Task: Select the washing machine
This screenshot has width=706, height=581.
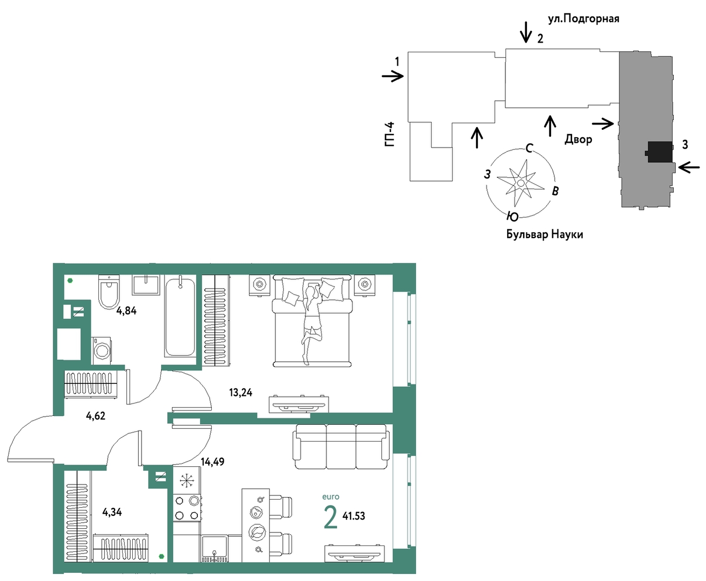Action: click(102, 351)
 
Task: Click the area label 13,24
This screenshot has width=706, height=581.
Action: click(241, 392)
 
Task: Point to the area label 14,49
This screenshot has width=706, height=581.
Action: click(212, 462)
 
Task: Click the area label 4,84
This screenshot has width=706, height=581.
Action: click(126, 311)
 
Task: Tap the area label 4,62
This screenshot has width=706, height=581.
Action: click(96, 416)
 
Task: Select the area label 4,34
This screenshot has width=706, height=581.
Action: click(112, 512)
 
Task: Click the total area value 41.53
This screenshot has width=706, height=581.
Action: click(354, 516)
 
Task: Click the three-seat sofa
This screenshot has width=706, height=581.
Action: click(341, 446)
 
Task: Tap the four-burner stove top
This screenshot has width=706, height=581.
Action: click(187, 508)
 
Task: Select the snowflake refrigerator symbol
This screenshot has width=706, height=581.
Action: click(187, 481)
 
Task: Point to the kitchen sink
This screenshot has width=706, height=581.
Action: click(215, 549)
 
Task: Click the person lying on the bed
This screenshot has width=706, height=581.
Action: click(312, 323)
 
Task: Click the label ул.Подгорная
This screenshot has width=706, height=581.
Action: click(583, 19)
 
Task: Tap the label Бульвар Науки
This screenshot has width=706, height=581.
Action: click(545, 234)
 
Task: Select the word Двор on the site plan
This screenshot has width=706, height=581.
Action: click(579, 139)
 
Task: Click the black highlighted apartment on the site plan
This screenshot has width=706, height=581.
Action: click(659, 152)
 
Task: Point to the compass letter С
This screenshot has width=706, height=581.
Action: click(529, 148)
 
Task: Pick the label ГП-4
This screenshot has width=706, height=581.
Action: click(390, 134)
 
